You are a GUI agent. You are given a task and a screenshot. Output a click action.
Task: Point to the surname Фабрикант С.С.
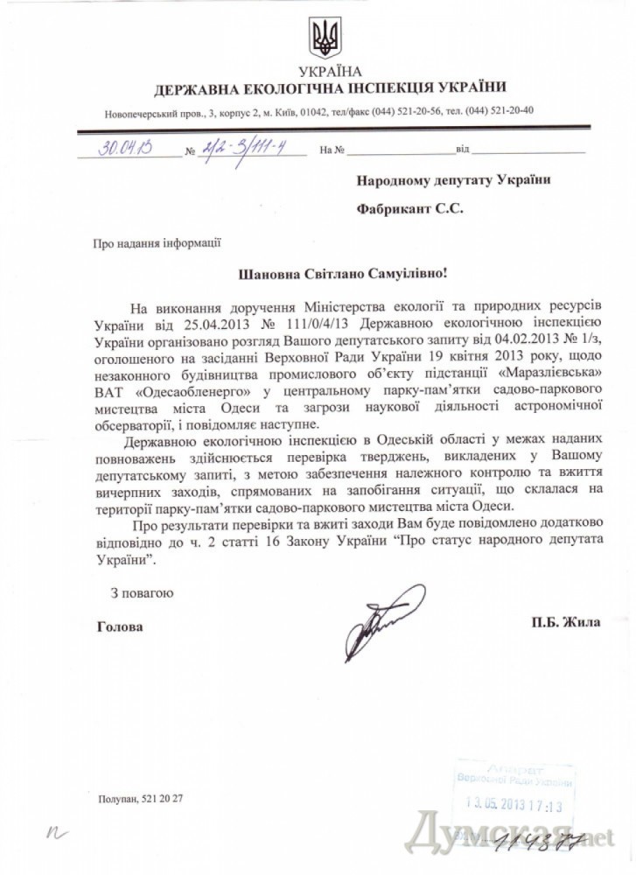(x=409, y=209)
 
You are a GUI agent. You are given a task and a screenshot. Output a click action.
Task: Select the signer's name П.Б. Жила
(x=565, y=622)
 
